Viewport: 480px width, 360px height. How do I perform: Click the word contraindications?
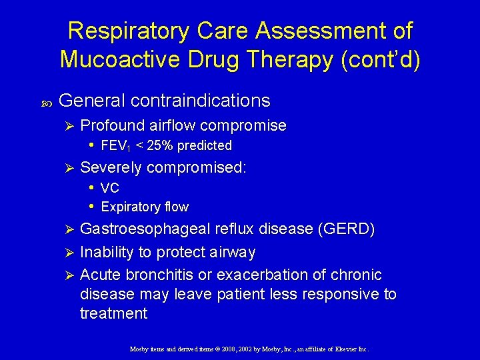201,101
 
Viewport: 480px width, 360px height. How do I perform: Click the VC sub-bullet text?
110,188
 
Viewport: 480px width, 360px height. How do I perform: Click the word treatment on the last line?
113,313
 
